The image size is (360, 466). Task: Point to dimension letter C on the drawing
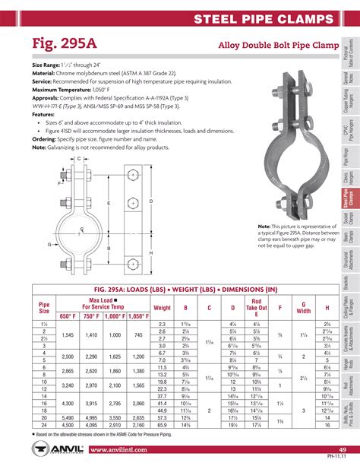point(79,137)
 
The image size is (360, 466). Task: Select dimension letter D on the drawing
point(152,201)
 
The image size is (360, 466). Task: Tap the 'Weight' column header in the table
point(162,307)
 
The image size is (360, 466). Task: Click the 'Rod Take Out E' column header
point(257,306)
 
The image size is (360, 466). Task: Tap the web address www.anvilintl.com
point(125,450)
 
